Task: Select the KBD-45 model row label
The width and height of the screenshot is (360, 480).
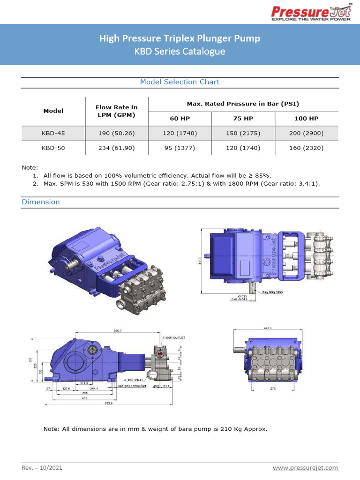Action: click(x=53, y=133)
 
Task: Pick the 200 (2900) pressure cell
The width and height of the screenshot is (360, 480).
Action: click(x=306, y=133)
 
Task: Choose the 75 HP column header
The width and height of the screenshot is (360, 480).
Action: click(x=243, y=119)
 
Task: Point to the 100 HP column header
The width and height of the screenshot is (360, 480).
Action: click(x=306, y=119)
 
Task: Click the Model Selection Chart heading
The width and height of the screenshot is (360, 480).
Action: click(x=180, y=82)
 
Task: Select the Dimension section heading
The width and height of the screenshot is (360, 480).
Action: click(x=41, y=202)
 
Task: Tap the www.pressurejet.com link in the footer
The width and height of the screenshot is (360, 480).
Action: click(x=305, y=468)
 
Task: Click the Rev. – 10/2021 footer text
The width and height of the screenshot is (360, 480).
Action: click(x=42, y=468)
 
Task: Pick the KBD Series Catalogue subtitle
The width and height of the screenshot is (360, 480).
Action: click(x=180, y=51)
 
